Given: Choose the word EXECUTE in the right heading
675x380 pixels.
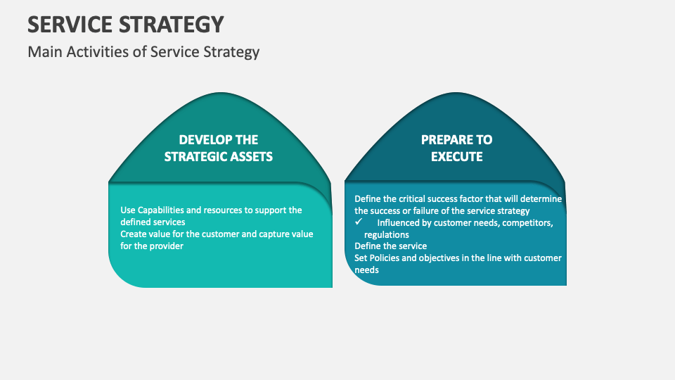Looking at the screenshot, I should click(456, 156).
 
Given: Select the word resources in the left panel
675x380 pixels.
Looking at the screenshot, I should click(231, 210).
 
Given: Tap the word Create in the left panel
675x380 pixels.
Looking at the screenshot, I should click(134, 234).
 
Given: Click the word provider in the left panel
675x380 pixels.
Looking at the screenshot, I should click(167, 246).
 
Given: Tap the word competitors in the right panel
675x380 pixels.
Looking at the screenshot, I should click(522, 223).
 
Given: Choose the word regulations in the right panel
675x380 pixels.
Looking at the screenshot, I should click(386, 235).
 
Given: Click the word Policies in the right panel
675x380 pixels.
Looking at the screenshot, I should click(385, 258).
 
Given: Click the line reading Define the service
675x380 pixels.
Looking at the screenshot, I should click(390, 246).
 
